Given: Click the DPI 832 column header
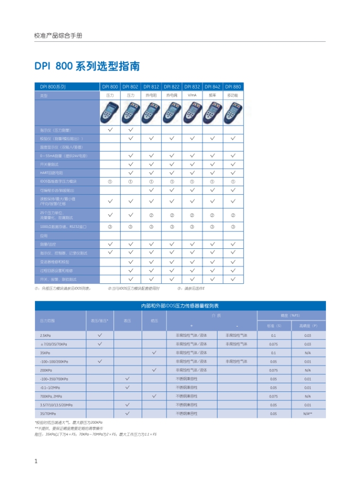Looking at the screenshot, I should click(192, 87).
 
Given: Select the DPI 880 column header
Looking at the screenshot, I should click(233, 87).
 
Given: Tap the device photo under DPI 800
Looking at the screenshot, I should click(110, 112).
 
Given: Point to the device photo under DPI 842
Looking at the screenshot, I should click(212, 112).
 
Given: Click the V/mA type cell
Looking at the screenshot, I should click(192, 95).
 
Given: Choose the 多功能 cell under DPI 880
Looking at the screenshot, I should click(233, 95).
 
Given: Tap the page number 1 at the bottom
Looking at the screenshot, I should click(36, 461).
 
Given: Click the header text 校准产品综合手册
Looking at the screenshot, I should click(58, 36).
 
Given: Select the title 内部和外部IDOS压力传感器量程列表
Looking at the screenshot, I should click(180, 306).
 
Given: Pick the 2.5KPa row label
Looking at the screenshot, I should click(45, 335).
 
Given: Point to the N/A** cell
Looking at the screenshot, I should click(307, 414).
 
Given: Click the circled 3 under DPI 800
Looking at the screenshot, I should click(110, 226).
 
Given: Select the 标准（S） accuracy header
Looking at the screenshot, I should click(274, 326).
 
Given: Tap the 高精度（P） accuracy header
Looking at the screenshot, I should click(307, 326).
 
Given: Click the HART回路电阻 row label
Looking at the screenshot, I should click(52, 172).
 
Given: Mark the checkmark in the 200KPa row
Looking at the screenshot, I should click(154, 370).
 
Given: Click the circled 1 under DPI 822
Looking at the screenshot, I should click(171, 181).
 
